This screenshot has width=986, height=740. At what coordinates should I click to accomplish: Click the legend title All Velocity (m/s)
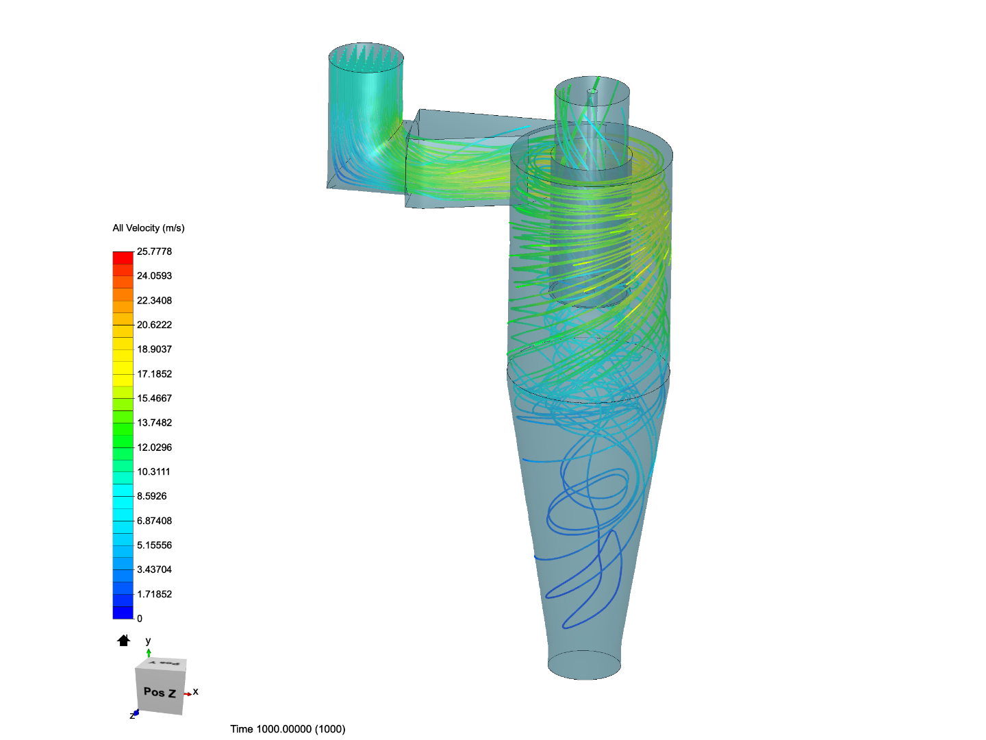148,228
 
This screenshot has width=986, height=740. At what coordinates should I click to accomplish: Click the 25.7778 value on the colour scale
154,251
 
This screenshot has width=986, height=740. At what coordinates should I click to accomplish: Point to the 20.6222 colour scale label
154,325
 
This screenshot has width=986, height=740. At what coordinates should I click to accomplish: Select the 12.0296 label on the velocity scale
154,447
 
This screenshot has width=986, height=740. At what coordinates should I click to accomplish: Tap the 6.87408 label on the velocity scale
154,521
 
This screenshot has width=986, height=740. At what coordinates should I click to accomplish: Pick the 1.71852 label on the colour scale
154,594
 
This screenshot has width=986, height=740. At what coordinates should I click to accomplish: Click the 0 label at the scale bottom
140,619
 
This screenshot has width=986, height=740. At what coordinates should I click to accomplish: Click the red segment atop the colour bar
123,258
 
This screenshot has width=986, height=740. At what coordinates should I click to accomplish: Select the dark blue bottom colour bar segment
123,613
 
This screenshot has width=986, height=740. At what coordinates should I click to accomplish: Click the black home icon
123,640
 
